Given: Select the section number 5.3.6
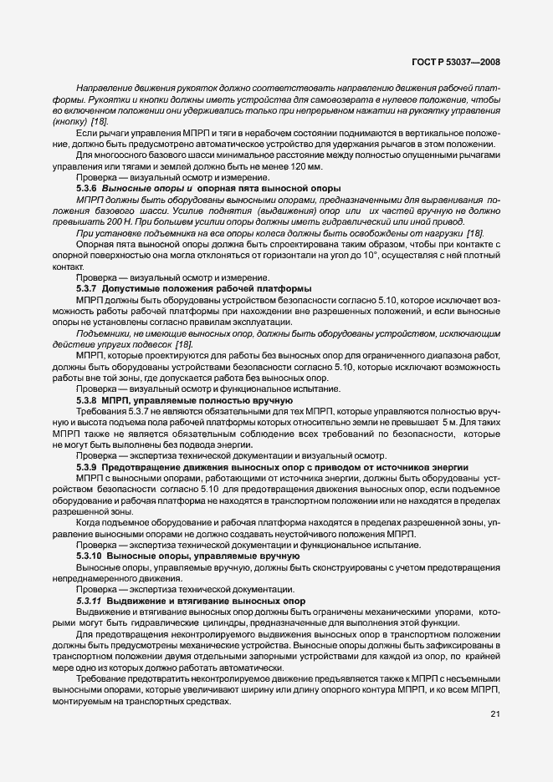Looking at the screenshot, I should point(87,189).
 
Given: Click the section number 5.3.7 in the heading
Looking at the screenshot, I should point(87,288).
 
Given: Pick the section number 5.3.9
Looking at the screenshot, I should point(87,466).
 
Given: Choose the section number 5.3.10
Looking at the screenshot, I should point(89,555).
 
